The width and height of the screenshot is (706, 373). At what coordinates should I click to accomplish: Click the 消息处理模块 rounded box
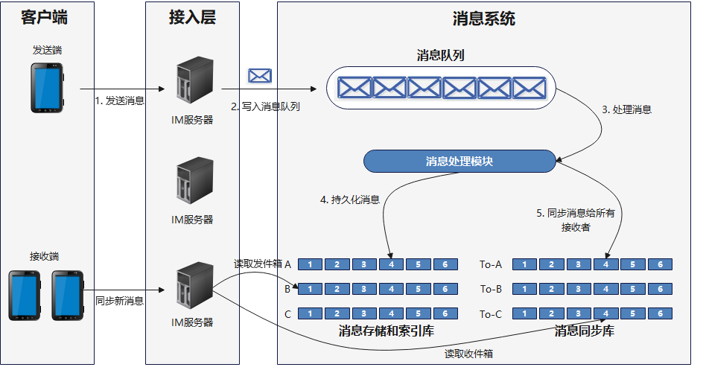459,161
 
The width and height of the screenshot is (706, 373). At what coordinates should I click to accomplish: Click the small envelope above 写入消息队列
259,75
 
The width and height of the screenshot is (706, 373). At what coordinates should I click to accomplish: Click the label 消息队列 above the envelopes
442,55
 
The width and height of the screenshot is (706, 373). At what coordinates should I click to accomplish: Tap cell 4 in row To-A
607,264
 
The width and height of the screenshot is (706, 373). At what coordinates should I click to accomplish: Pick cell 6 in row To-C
660,314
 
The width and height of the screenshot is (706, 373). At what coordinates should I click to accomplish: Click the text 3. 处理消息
626,109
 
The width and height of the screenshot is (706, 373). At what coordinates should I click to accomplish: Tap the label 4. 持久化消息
350,200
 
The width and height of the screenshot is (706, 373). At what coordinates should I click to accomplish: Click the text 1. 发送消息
119,101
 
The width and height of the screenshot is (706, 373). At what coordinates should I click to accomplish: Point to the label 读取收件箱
468,354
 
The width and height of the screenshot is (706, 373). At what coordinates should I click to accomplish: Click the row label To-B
491,289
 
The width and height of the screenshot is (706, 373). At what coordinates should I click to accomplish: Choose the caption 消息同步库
584,331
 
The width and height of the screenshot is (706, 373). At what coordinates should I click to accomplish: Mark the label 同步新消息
119,302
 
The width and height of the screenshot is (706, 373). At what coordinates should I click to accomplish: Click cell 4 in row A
391,264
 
